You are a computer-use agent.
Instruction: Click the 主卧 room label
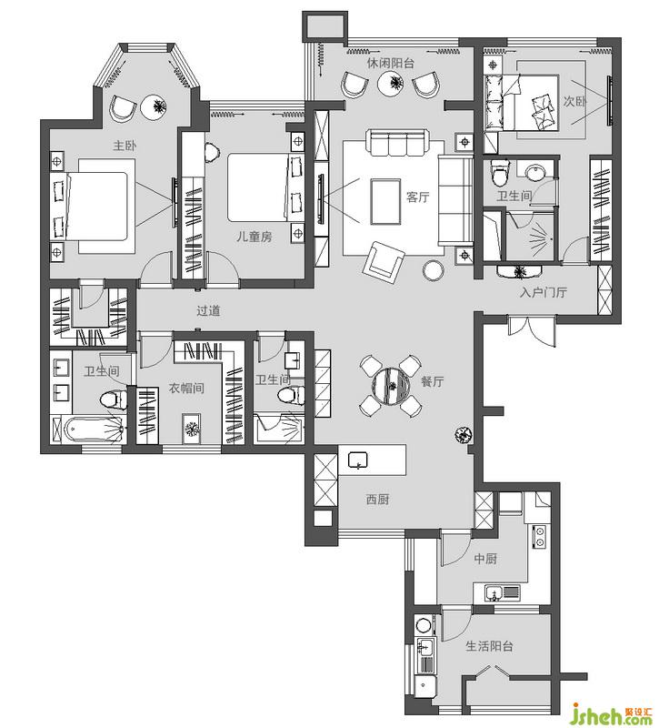[x=125, y=146]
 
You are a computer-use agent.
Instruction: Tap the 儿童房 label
[x=255, y=237]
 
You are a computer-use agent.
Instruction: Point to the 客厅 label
[x=418, y=197]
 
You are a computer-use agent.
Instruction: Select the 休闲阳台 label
[x=391, y=63]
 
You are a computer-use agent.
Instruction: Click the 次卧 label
[x=575, y=101]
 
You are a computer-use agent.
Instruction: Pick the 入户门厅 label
[x=544, y=292]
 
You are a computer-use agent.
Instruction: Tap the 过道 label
[x=208, y=310]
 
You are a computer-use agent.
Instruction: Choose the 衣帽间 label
[x=186, y=389]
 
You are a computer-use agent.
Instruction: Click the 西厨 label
[x=378, y=500]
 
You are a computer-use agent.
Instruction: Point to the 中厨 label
[x=485, y=559]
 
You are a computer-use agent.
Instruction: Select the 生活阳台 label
[x=490, y=646]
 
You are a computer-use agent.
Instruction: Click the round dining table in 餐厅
[x=391, y=386]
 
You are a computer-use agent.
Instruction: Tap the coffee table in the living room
[x=385, y=201]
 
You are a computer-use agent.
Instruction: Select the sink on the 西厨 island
[x=357, y=460]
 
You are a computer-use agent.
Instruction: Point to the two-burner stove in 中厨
[x=539, y=537]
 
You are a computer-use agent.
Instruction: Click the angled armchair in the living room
[x=384, y=262]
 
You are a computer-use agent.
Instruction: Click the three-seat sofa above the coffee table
[x=397, y=143]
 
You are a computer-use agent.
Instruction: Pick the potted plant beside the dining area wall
[x=463, y=435]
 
